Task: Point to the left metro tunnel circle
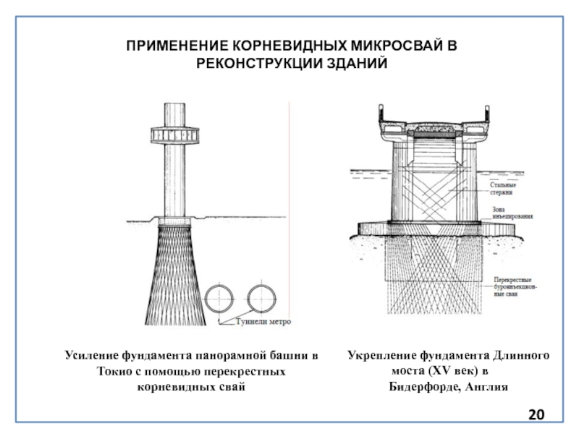(x=219, y=297)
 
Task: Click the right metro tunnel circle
(x=262, y=297)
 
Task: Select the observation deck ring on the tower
(x=174, y=135)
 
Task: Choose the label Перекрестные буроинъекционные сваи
(x=513, y=287)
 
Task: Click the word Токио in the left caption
(x=115, y=371)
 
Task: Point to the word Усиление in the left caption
(x=88, y=356)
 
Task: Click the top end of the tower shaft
(x=174, y=106)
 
